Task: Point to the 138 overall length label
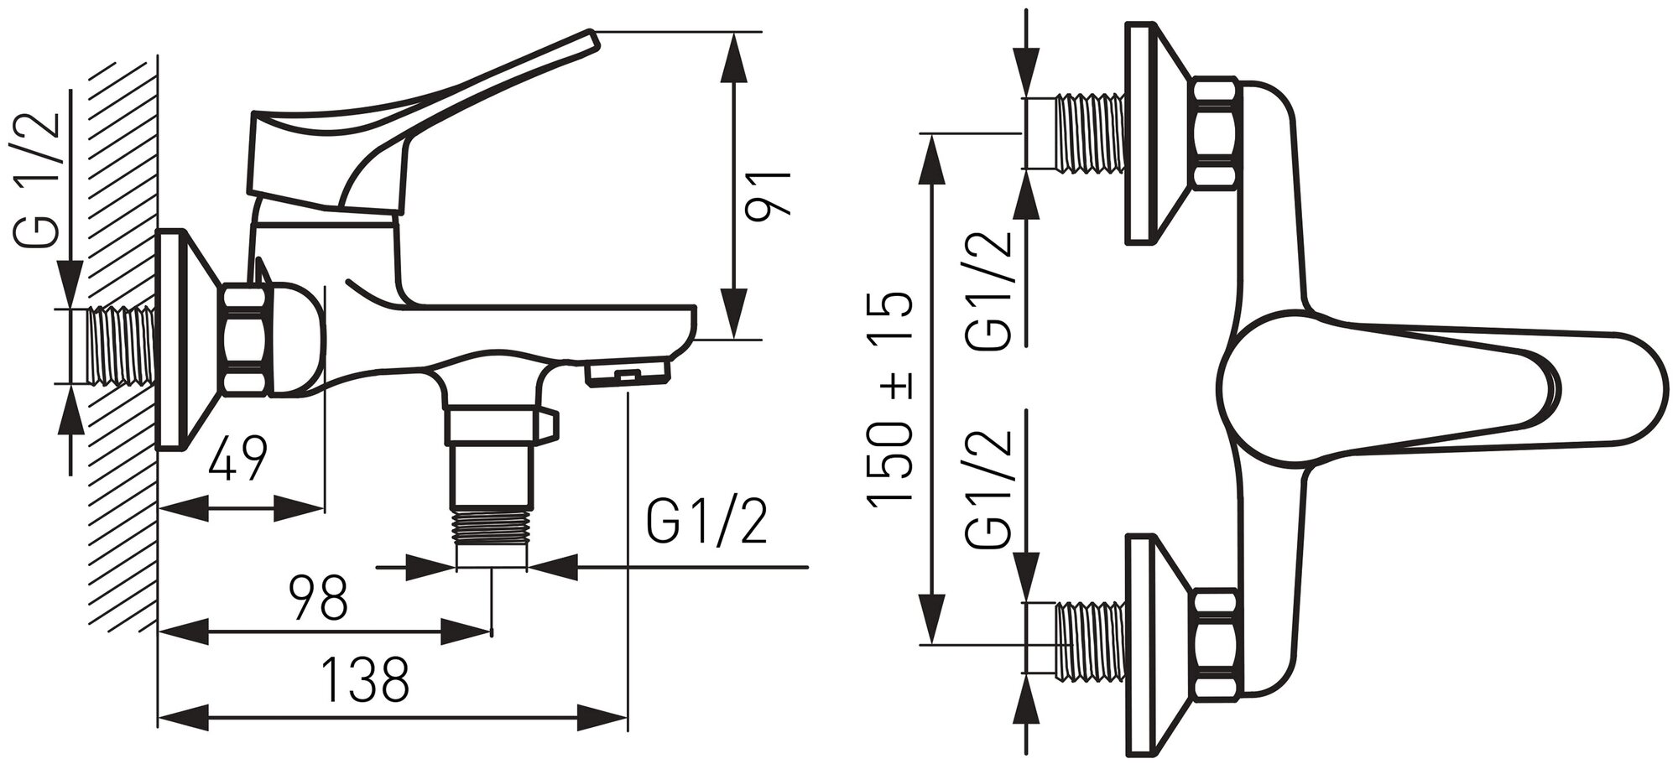pos(367,680)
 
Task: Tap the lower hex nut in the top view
pos(1216,642)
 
